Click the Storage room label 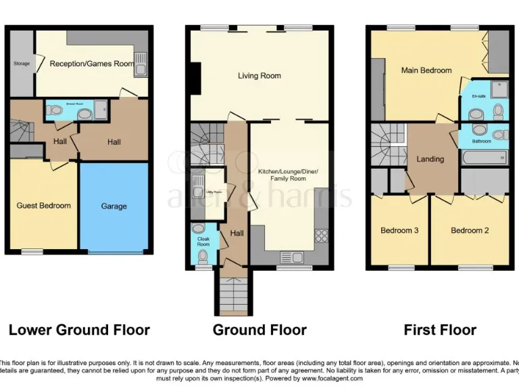point(22,64)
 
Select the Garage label point(114,206)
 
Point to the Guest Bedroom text point(44,206)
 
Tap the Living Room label point(259,76)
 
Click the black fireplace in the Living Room point(195,77)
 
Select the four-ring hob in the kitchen point(320,236)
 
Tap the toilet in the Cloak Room point(203,256)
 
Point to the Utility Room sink point(197,183)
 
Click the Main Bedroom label point(426,70)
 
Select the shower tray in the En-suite point(499,89)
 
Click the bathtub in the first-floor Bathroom point(485,159)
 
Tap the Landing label point(430,159)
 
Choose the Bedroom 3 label point(399,230)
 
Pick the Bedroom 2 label point(470,230)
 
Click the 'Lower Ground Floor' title point(79,330)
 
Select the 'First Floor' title point(440,330)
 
